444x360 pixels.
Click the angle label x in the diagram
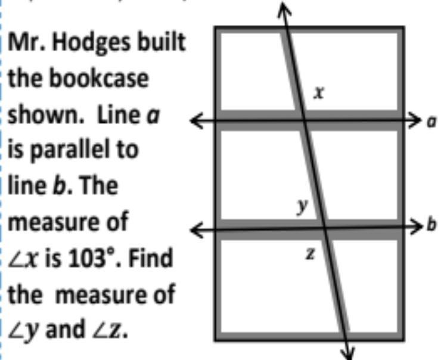319,93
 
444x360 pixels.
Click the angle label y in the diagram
303,207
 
